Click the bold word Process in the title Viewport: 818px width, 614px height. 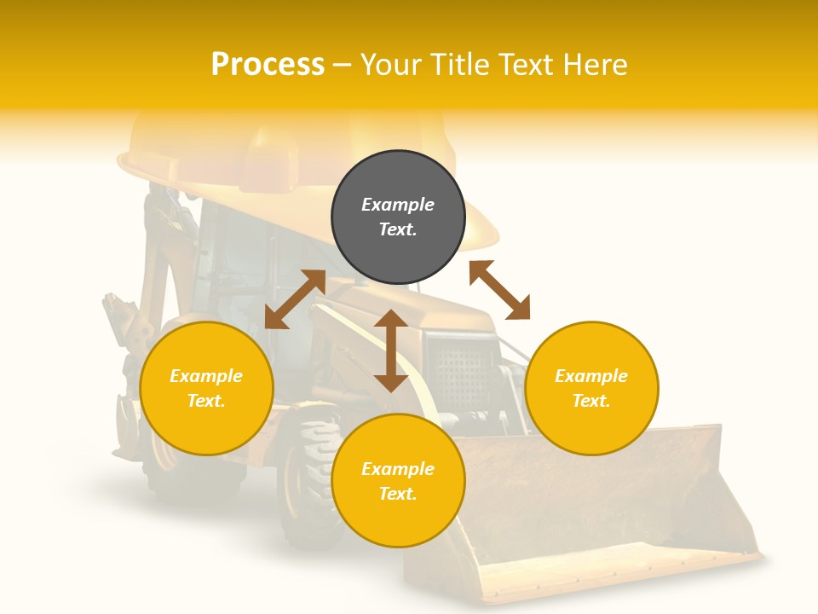pos(268,65)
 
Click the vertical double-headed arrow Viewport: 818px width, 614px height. pos(391,350)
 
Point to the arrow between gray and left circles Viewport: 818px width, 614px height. pos(295,299)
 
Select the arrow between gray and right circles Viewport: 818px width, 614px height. pos(499,290)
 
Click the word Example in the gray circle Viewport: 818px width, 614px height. pos(398,205)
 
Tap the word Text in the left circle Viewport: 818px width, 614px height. pos(205,401)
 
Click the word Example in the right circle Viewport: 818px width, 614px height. pos(591,376)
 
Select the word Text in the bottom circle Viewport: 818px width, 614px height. pos(397,494)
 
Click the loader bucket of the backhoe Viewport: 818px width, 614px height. pos(596,520)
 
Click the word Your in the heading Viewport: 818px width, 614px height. pos(391,65)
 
